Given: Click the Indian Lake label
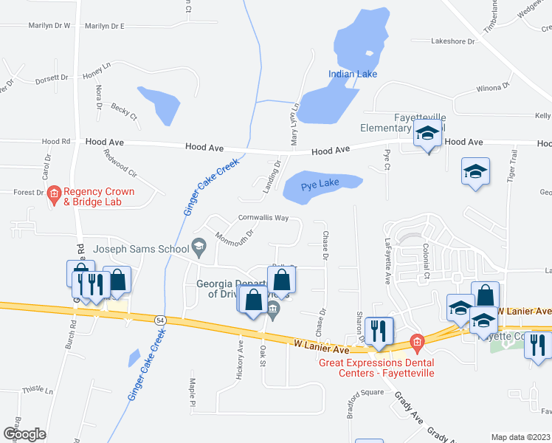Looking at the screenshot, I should tap(353, 74).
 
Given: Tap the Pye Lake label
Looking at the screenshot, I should tap(319, 188).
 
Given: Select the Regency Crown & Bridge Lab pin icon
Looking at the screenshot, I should tap(54, 196).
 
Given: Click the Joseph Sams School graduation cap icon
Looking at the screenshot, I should tap(198, 245).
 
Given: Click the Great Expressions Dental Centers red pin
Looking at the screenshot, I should tap(416, 343).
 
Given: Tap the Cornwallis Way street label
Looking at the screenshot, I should tap(263, 218).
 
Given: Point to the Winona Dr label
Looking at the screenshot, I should tap(494, 87).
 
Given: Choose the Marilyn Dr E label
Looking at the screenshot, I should tap(104, 26).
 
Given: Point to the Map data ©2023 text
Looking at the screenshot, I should tap(520, 437).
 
